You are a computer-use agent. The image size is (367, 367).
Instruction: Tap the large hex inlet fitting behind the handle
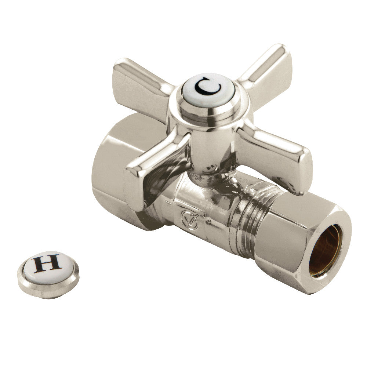(110, 172)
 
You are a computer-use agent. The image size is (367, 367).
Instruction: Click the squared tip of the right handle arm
(301, 172)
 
